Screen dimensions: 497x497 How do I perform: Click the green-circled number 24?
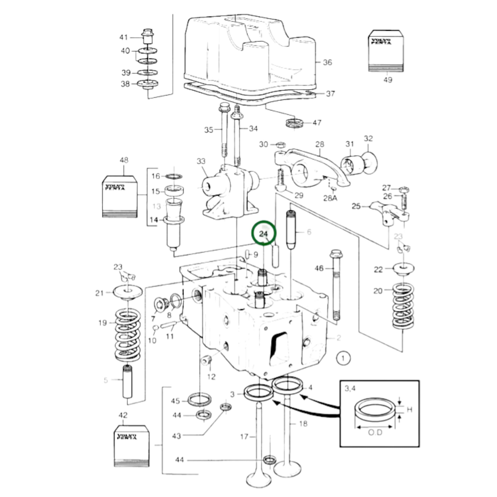click(263, 234)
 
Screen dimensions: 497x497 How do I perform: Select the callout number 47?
click(317, 122)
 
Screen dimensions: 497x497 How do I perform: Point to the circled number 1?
click(343, 358)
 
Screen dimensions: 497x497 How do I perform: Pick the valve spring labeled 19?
click(128, 334)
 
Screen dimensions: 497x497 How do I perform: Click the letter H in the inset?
click(410, 409)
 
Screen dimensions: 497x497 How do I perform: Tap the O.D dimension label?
click(375, 432)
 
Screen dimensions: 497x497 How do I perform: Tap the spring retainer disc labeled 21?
click(128, 292)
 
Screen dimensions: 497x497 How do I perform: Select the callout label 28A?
click(330, 198)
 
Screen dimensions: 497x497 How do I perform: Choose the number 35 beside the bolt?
click(209, 130)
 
